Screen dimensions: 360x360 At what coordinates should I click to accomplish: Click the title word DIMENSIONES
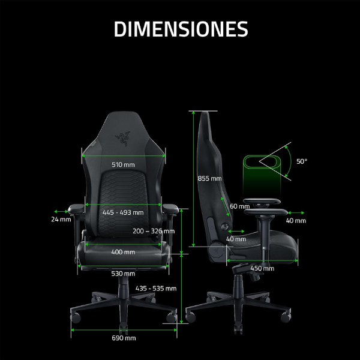(181, 28)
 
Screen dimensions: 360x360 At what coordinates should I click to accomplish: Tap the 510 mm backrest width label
(123, 164)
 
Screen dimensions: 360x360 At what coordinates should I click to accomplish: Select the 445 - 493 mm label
(123, 212)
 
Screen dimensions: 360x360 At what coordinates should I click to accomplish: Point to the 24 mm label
(61, 220)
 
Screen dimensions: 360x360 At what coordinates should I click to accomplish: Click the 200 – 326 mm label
(154, 231)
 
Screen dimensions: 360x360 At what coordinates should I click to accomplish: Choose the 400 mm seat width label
(123, 252)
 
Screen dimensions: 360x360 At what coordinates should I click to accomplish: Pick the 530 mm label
(123, 274)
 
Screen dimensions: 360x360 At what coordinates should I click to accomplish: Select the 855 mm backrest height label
(209, 178)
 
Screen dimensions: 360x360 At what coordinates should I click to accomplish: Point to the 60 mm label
(239, 206)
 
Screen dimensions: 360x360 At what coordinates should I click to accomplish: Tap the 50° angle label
(301, 161)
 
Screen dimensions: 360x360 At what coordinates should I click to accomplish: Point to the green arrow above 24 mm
(61, 211)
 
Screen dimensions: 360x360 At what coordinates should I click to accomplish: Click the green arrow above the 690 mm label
(124, 329)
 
